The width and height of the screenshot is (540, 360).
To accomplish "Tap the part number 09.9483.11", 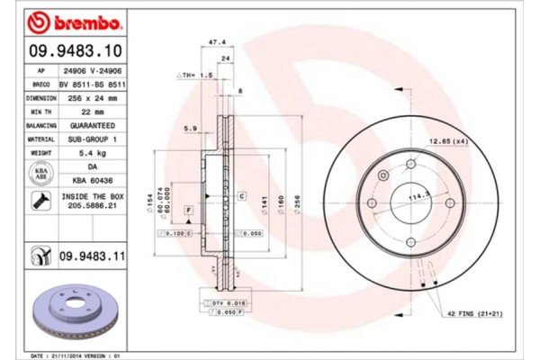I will (90, 256).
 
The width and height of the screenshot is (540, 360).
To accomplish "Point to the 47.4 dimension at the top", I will (216, 41).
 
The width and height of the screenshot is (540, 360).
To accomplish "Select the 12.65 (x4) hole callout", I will (447, 140).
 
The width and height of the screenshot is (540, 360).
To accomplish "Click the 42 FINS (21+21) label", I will (476, 314).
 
